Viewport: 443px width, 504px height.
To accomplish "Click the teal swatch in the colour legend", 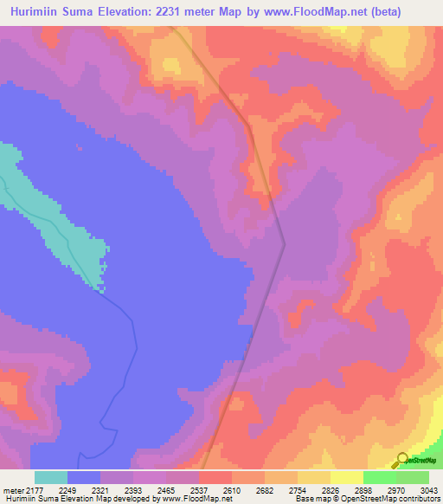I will click(x=51, y=477).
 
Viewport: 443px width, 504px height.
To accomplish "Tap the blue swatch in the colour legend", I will click(x=84, y=477).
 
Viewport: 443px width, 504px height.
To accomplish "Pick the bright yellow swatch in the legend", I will click(x=347, y=477).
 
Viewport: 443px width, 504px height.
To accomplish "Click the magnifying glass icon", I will click(x=400, y=461).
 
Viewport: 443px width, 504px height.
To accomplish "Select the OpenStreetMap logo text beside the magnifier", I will click(x=421, y=460).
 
